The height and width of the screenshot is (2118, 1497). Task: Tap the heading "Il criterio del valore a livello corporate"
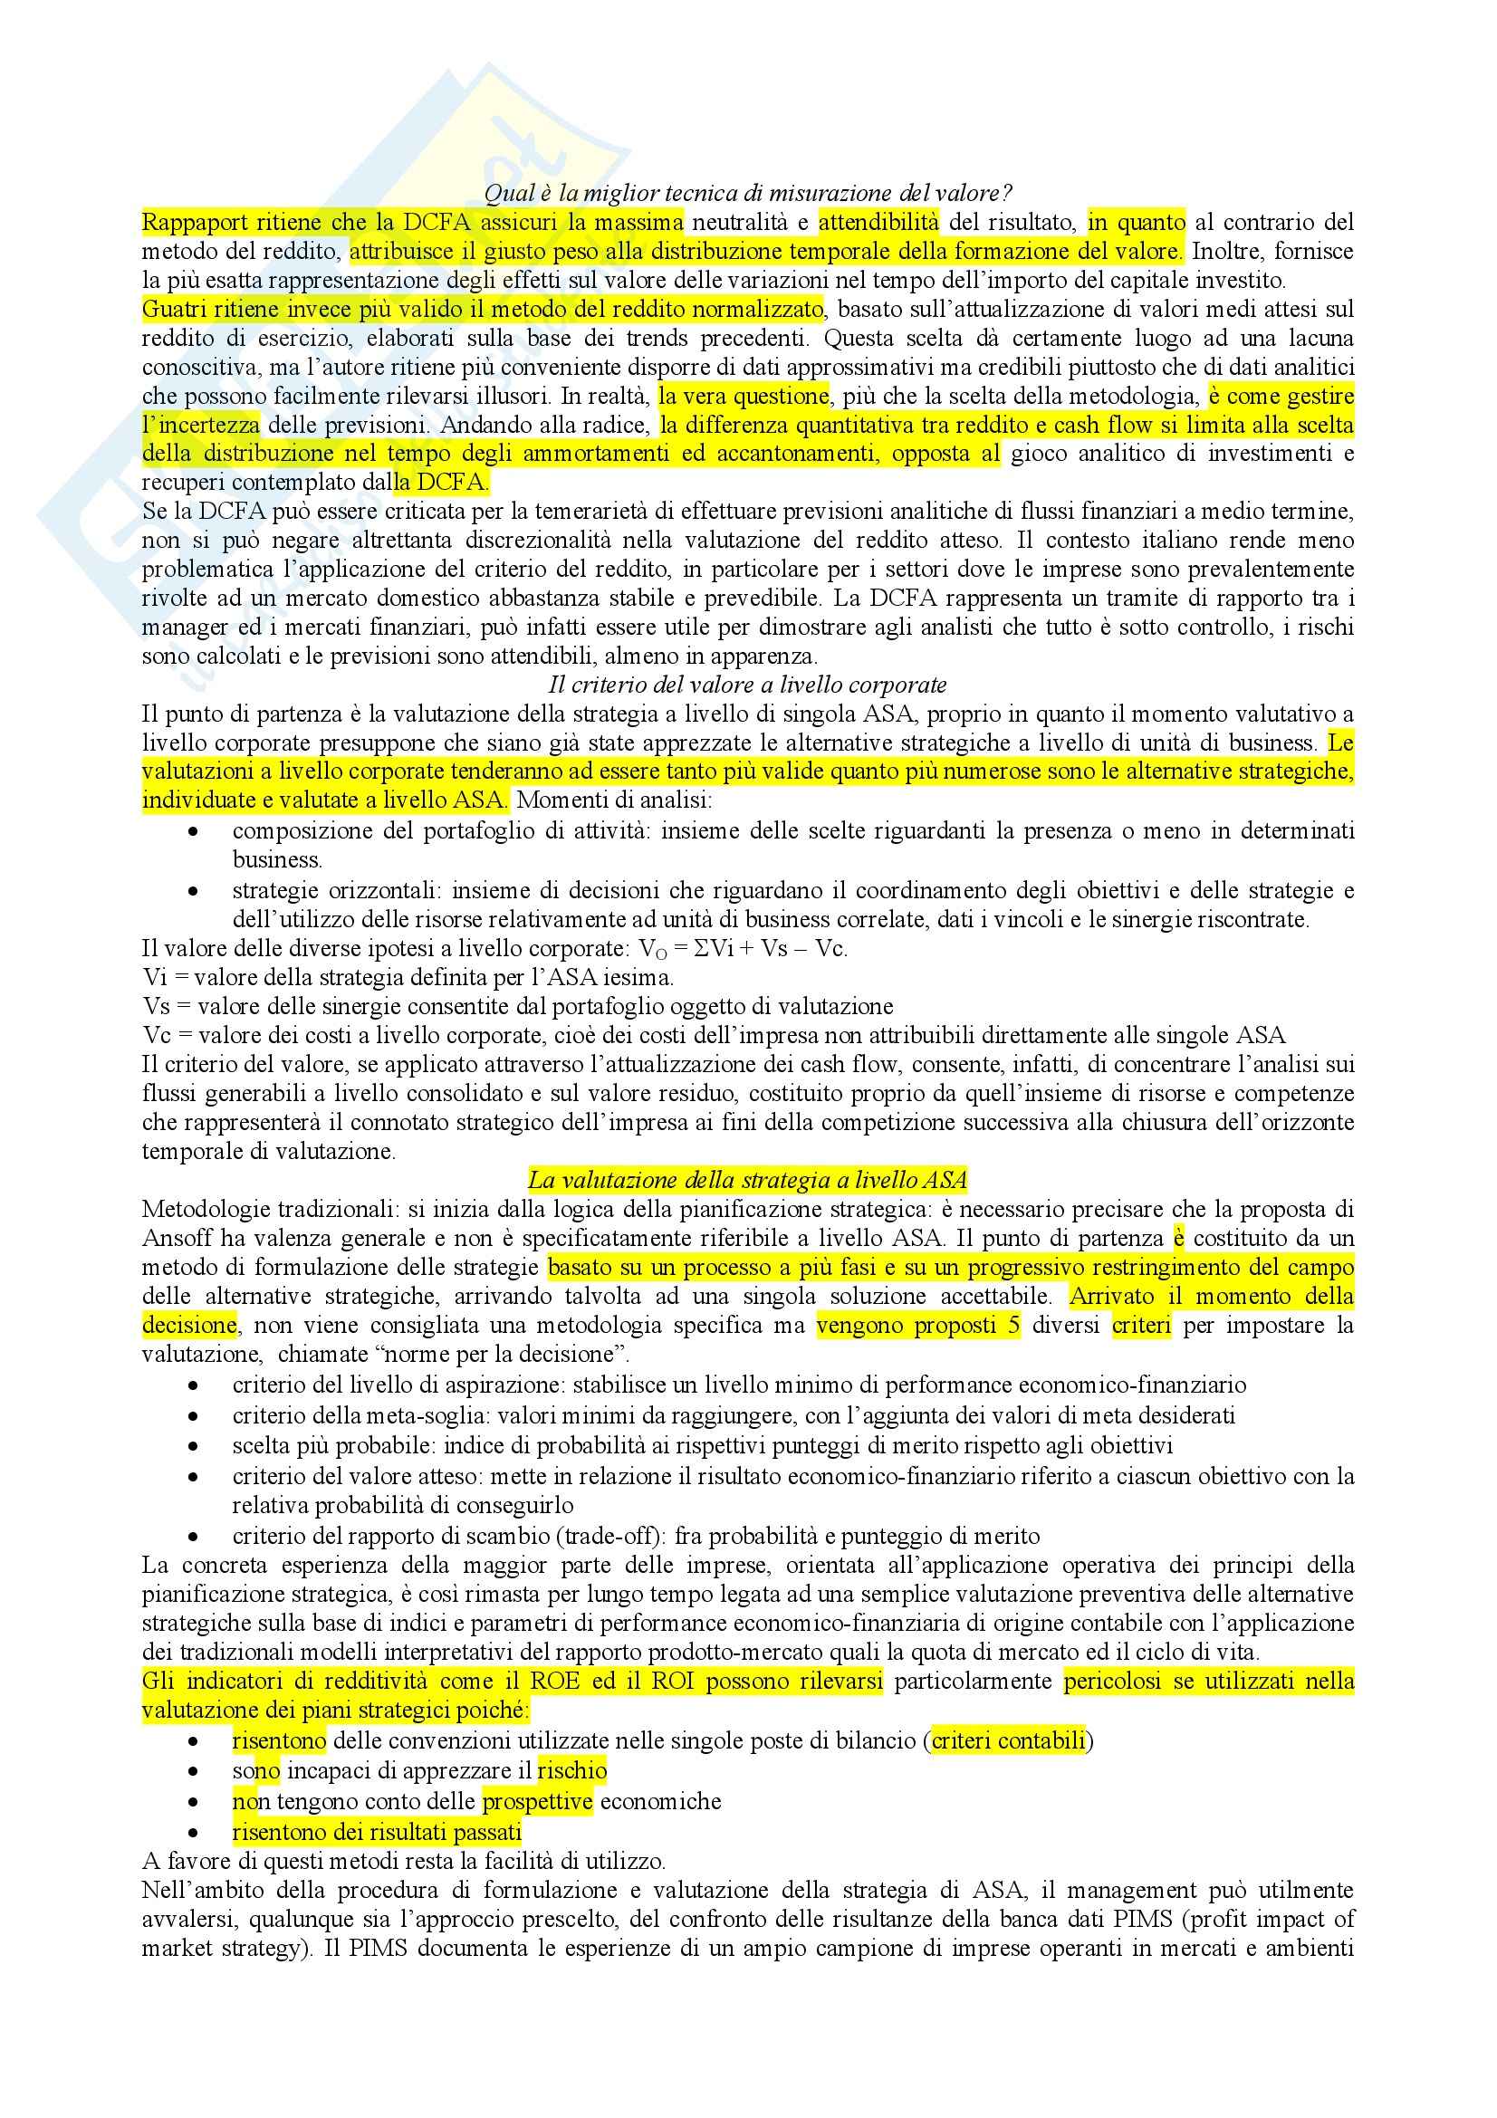pyautogui.click(x=748, y=685)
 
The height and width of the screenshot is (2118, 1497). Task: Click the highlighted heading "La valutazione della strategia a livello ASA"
pyautogui.click(x=747, y=1180)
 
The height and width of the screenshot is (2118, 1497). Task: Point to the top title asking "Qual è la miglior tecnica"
pyautogui.click(x=748, y=193)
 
